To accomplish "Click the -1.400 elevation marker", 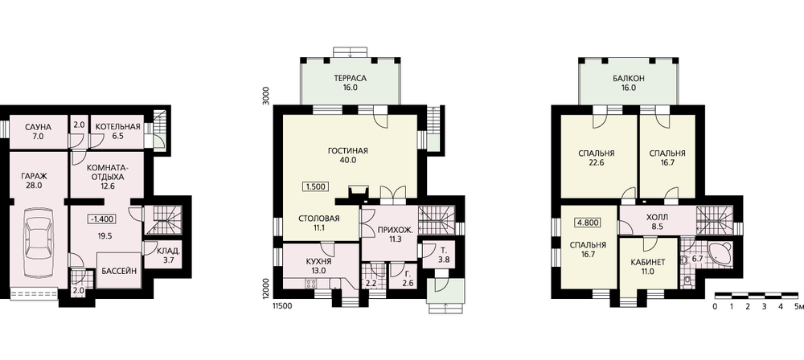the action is coord(102,219).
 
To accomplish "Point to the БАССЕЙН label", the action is coord(119,272).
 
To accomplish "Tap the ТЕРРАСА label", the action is coord(351,79).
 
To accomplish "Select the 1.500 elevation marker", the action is coord(315,186).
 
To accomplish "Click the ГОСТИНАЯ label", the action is coord(348,151).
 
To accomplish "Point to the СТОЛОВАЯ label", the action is coord(319,219).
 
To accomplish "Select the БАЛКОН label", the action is coord(628,79).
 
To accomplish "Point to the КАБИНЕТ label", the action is coord(648,262).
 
